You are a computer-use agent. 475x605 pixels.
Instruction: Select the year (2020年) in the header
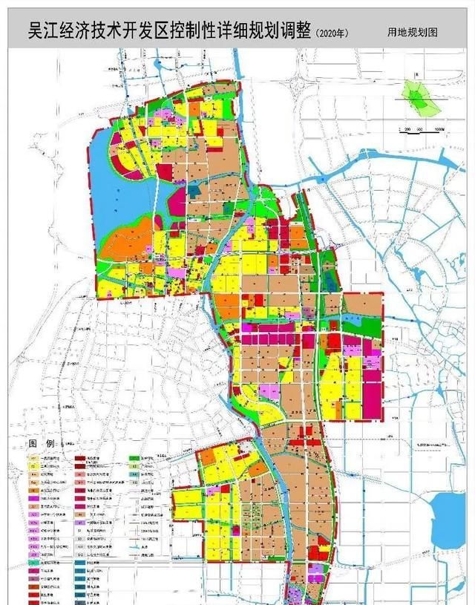tap(332, 33)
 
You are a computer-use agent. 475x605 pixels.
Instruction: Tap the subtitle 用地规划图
tap(412, 33)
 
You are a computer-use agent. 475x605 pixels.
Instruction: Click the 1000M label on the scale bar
tap(438, 129)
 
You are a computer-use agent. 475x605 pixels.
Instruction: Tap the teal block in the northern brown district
tap(194, 190)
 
